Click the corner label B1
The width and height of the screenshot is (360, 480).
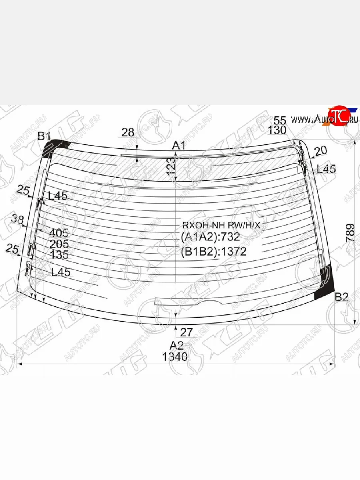pyautogui.click(x=44, y=136)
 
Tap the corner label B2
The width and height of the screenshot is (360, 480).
pyautogui.click(x=342, y=297)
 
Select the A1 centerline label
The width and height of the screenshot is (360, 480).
pyautogui.click(x=179, y=146)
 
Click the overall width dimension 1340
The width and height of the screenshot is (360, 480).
pyautogui.click(x=175, y=356)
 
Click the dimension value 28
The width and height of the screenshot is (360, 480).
pyautogui.click(x=128, y=133)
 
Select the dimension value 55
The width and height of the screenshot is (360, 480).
pyautogui.click(x=280, y=120)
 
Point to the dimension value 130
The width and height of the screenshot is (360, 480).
pyautogui.click(x=277, y=130)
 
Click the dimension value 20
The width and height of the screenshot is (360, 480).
pyautogui.click(x=320, y=150)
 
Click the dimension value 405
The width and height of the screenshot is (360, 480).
pyautogui.click(x=59, y=233)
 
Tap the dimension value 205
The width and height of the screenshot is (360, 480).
pyautogui.click(x=59, y=244)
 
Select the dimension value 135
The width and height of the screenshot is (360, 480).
pyautogui.click(x=59, y=255)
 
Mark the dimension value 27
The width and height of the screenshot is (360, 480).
pyautogui.click(x=186, y=332)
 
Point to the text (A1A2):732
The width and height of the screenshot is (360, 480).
pyautogui.click(x=210, y=237)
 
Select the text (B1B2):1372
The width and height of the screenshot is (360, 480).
pyautogui.click(x=214, y=252)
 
